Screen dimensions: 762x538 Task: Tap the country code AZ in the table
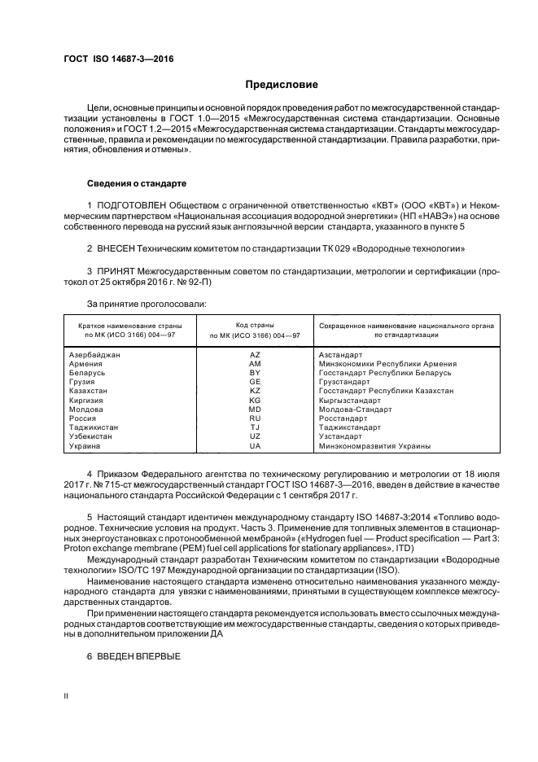point(254,355)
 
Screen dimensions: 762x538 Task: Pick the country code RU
point(254,418)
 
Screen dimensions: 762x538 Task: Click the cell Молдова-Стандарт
point(355,409)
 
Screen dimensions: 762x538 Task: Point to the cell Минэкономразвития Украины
point(374,446)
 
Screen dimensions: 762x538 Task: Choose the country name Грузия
point(82,382)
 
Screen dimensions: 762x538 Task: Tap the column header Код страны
point(254,325)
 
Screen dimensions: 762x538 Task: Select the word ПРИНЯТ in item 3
point(119,269)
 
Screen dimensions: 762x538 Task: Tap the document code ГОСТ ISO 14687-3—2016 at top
point(118,59)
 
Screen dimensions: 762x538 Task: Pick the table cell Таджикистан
point(93,427)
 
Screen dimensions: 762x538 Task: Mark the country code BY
point(254,373)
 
